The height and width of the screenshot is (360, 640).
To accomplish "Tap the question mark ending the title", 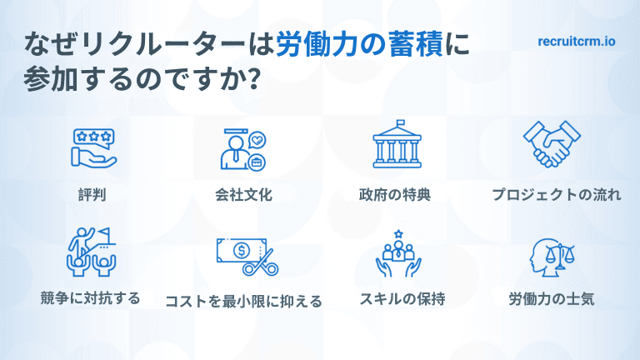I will click(252, 82).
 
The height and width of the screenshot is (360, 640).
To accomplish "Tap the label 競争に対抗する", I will click(90, 297).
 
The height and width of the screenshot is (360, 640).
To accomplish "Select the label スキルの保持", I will click(395, 297).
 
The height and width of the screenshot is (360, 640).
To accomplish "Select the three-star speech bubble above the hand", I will click(92, 135).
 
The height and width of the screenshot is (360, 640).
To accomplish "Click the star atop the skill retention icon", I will click(398, 232).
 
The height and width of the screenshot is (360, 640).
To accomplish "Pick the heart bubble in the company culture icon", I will click(258, 139).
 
